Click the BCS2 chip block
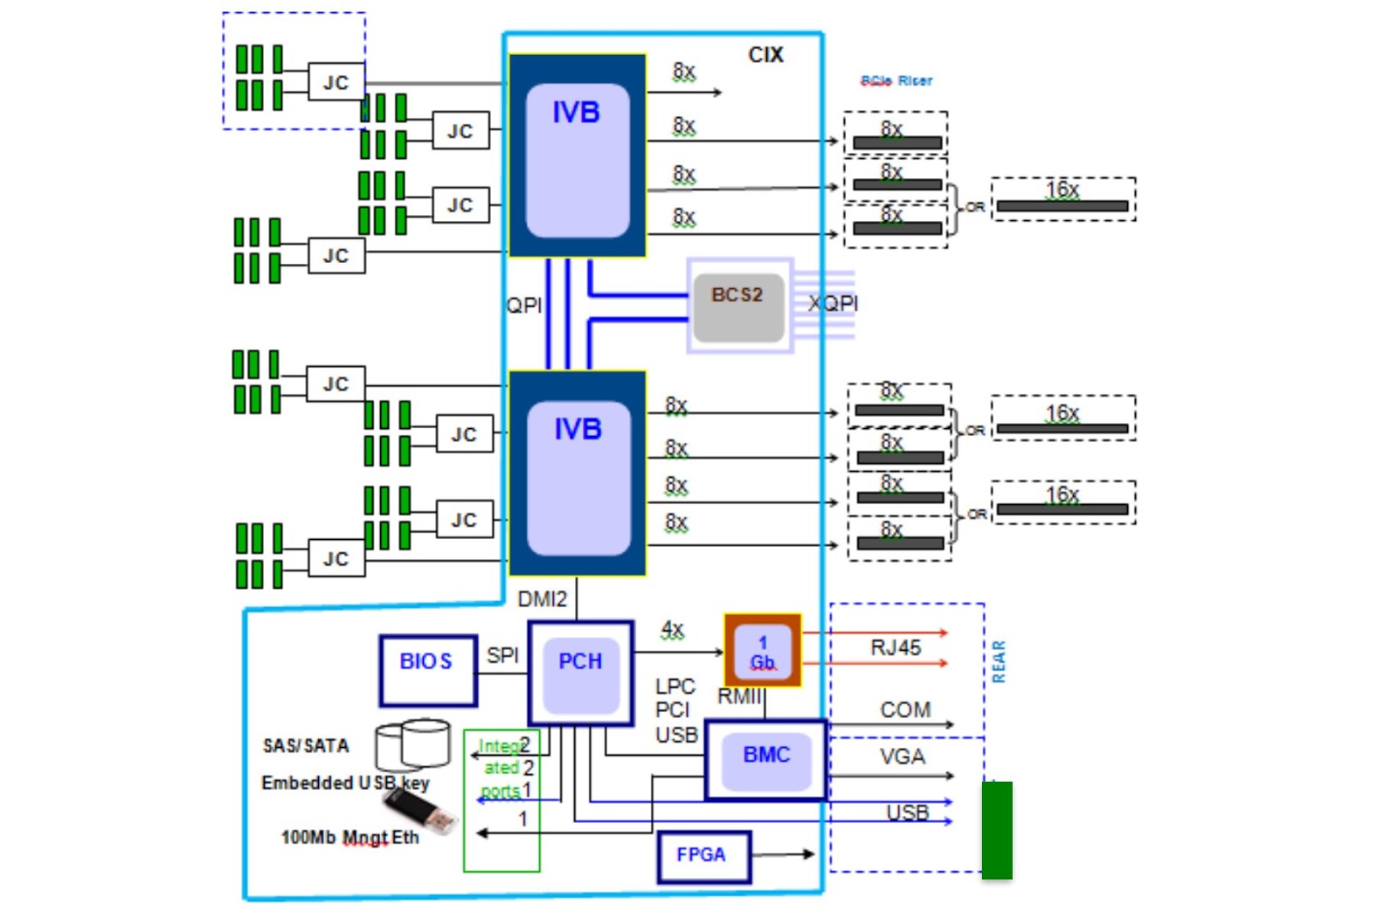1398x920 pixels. (738, 306)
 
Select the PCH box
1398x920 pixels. (580, 673)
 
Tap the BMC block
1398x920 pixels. (765, 758)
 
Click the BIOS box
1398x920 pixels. (427, 670)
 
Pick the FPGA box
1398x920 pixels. (702, 855)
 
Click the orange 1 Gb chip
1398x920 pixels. (762, 650)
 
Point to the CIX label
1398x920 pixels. (765, 55)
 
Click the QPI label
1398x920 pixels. (524, 305)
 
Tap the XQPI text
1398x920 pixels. (833, 303)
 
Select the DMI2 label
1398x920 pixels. (542, 599)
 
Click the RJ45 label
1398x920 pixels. (896, 647)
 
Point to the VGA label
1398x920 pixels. (902, 757)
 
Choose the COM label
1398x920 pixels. (905, 709)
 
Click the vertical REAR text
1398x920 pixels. (999, 661)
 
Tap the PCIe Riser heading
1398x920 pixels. (896, 80)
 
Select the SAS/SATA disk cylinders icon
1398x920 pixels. (413, 744)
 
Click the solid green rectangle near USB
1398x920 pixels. (997, 830)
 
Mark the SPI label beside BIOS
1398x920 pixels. (502, 655)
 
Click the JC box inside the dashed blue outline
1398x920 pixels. (336, 83)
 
